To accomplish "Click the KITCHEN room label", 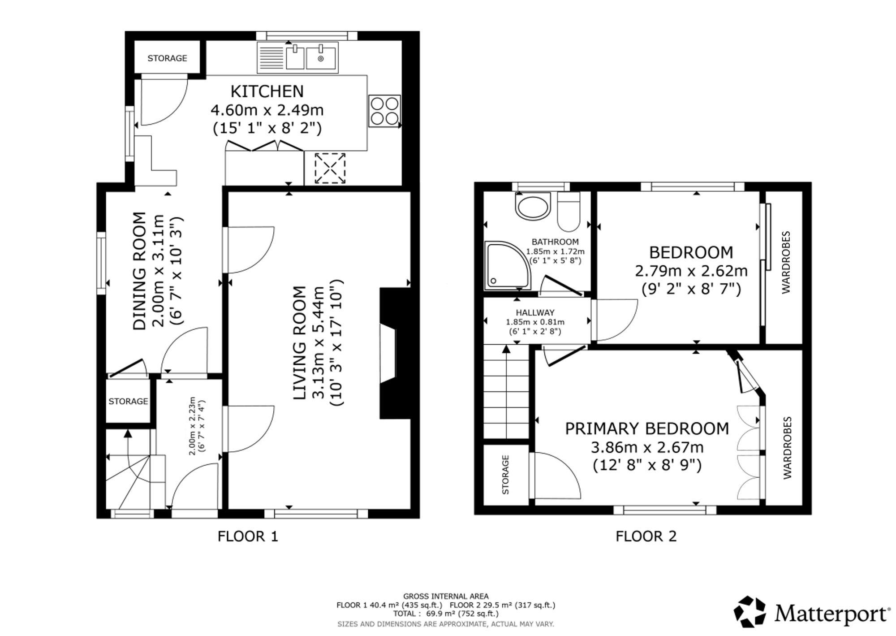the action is coord(267,91).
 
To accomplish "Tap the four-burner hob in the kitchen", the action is coord(384,111).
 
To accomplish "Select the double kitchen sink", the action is coord(297,57).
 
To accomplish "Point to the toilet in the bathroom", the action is coord(569,211).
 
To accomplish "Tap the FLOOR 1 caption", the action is coord(248,536).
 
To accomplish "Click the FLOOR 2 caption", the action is coord(646,536).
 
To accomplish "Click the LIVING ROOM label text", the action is coord(299,343).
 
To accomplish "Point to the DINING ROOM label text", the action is coord(140,271).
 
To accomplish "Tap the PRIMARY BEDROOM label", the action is coord(647,428).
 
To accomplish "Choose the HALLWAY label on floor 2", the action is coord(535,312).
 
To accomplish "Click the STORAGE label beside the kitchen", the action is coord(167,58).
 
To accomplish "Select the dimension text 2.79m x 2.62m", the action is coord(691,271).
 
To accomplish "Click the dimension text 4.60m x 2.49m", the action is coord(267,110).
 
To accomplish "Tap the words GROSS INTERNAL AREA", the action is coord(446,596).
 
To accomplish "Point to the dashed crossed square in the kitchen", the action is coord(330,168).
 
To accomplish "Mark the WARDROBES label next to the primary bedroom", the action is coord(787,448).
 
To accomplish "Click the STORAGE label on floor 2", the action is coord(506,475).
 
